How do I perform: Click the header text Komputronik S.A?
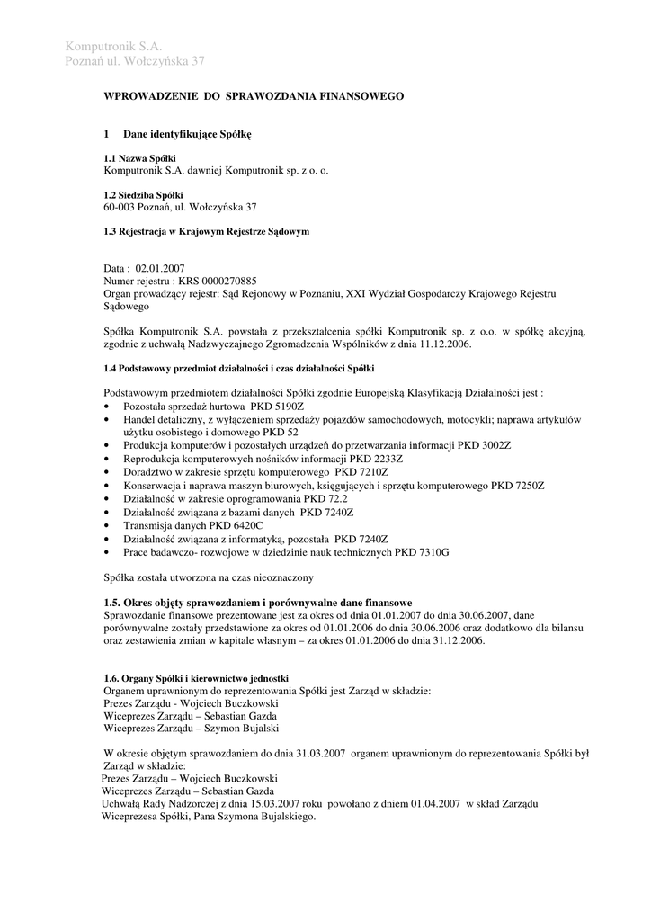114,46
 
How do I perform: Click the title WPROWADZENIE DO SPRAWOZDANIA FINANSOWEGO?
254,95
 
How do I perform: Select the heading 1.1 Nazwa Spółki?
140,158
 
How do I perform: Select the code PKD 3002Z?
481,445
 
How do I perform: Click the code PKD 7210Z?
361,471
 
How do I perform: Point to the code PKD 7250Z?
517,485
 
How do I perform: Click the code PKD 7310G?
417,550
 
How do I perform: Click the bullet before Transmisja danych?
108,524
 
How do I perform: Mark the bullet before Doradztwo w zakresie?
108,471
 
